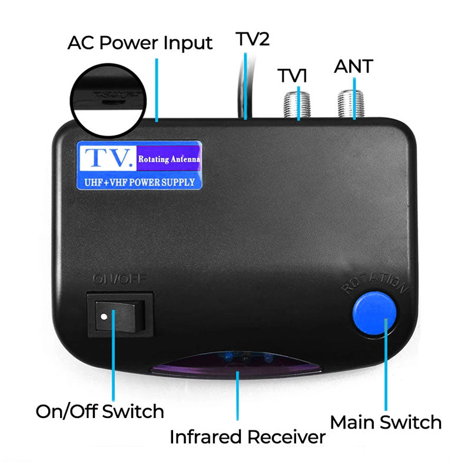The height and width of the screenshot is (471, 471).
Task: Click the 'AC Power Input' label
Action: click(x=140, y=43)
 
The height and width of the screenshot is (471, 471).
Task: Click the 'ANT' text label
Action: click(x=353, y=66)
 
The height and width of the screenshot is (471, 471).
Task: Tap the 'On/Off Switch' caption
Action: click(x=100, y=410)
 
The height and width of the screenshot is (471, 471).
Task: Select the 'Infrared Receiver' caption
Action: click(x=247, y=437)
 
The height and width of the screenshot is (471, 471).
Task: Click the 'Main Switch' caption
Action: click(x=386, y=422)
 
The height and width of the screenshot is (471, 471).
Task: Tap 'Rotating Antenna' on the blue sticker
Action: click(x=169, y=159)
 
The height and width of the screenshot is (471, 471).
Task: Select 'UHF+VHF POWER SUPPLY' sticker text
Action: click(x=140, y=182)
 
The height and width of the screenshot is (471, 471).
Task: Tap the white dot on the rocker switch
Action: click(x=104, y=317)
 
